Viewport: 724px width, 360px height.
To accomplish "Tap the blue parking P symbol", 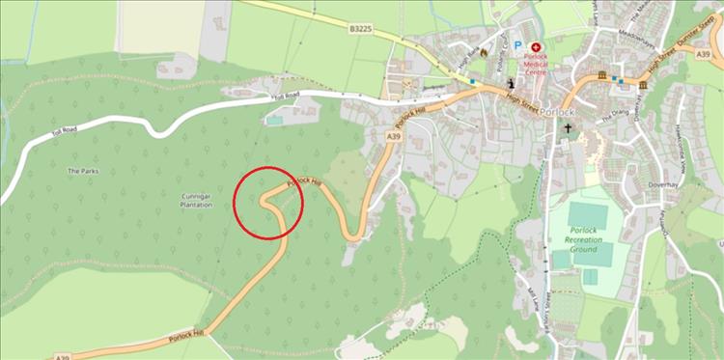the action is (516, 45).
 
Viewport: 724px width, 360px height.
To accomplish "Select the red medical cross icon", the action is (537, 46).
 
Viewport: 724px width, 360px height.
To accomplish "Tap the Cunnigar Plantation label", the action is (195, 200).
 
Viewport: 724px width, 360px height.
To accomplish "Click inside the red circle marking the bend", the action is (268, 202).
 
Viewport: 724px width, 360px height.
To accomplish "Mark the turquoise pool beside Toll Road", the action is (276, 121).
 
